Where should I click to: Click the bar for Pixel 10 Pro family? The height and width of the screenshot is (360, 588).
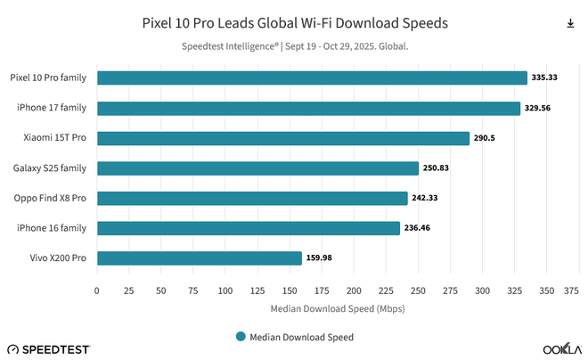click(312, 78)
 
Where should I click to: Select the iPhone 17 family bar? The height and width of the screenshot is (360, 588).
click(308, 108)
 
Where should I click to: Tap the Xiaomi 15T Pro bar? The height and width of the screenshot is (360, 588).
click(283, 138)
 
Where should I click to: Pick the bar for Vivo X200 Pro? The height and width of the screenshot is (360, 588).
click(200, 258)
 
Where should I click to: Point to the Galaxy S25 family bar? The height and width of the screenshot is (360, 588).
click(257, 168)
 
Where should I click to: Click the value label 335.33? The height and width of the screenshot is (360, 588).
click(544, 78)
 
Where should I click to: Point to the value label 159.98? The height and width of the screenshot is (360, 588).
click(320, 258)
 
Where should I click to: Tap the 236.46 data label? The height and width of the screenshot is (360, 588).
click(419, 228)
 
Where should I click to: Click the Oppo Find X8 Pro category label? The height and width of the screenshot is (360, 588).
click(50, 198)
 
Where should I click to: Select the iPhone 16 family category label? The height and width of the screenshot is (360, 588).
click(51, 228)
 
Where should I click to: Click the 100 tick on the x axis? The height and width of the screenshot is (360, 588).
click(225, 290)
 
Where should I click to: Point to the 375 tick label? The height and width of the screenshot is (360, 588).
click(571, 290)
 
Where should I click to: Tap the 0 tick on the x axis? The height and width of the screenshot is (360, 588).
click(97, 290)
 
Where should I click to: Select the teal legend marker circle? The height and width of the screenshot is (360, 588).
click(241, 337)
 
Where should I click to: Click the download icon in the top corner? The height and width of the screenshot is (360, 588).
click(570, 23)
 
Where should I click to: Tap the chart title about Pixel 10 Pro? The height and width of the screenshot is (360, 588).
click(295, 21)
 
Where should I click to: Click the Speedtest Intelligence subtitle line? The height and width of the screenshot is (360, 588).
click(294, 46)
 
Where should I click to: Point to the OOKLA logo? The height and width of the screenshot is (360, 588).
click(562, 348)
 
